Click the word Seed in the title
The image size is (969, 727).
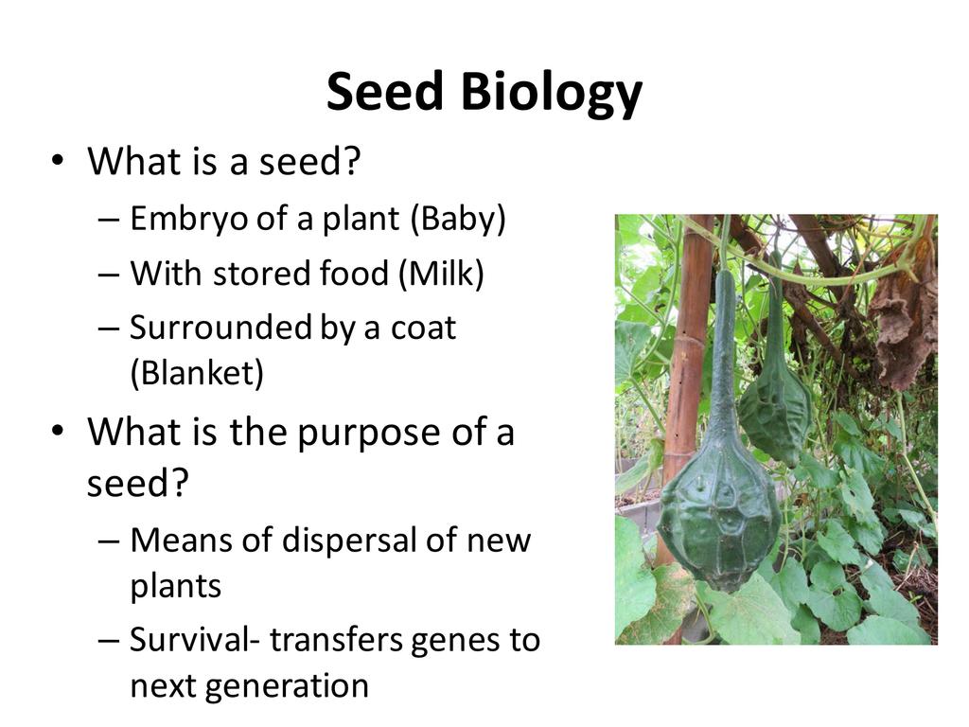385,91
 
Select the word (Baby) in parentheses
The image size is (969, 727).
458,219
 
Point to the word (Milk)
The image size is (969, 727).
441,273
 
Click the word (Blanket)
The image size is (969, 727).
197,373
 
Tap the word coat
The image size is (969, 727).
423,328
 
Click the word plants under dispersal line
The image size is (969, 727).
175,585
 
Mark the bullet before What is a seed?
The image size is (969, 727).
58,161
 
